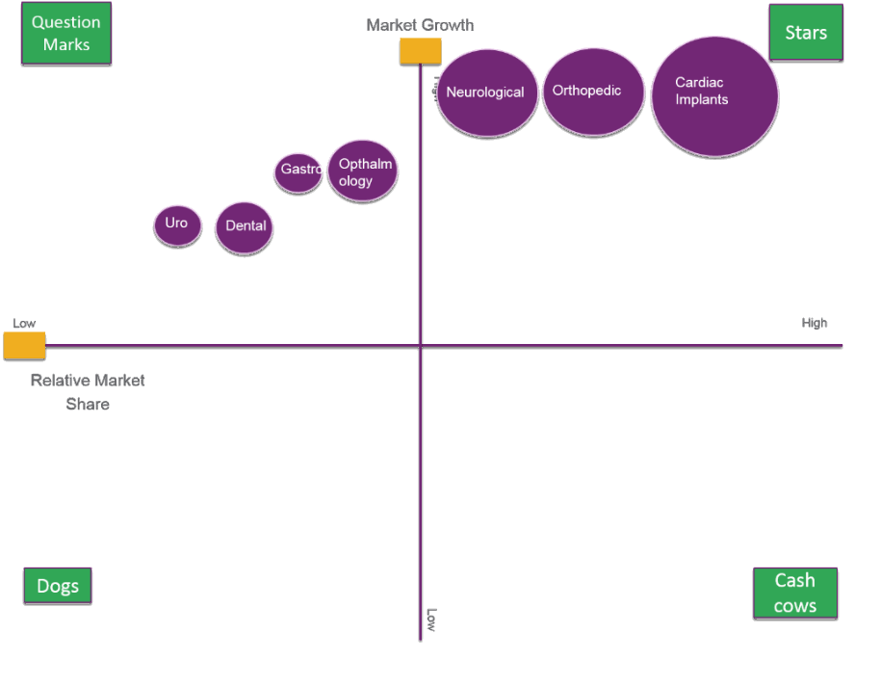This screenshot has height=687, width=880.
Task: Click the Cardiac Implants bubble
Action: coord(714,96)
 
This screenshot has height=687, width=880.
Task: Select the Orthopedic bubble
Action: coord(593,92)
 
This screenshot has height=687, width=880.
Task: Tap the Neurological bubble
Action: coord(487,92)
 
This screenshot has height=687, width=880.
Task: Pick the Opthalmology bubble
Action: coord(363,171)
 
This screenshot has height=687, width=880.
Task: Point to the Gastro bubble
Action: coord(298,172)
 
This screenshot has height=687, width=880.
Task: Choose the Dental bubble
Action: coord(245,227)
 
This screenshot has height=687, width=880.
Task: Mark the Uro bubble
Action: coord(177,225)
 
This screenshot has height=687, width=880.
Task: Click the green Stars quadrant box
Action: coord(806,32)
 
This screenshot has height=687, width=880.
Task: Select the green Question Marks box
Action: coord(66,33)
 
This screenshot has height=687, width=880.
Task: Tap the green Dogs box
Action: coord(58,585)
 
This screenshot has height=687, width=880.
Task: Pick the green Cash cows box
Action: coord(795,593)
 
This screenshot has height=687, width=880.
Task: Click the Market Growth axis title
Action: coord(420,25)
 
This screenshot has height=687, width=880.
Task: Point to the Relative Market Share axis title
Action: coord(88,392)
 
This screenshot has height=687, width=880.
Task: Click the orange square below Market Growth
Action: coord(421,51)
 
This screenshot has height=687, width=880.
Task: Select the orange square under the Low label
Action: coord(24,345)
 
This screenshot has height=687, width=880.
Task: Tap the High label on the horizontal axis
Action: coord(815,323)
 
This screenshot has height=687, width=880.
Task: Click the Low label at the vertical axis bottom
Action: coord(431,620)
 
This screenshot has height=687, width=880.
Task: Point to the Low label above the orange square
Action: coord(24,324)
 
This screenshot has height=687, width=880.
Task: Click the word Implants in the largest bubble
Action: coord(702,100)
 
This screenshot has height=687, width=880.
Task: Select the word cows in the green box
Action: coord(795,606)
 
